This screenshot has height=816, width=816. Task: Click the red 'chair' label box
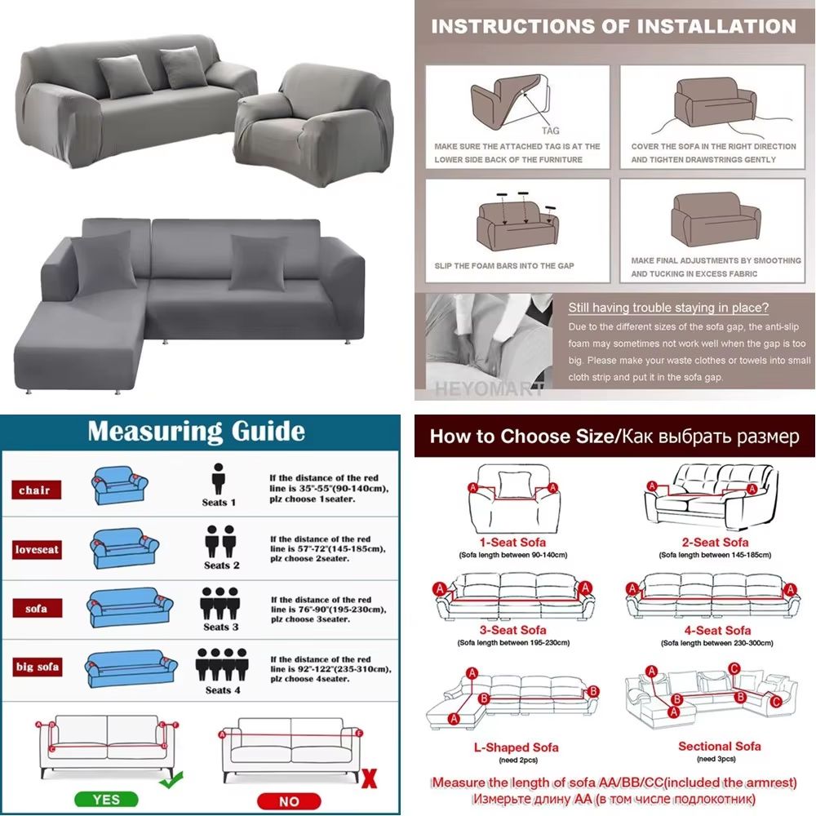coord(34,490)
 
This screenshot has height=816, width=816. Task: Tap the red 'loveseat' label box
coord(38,549)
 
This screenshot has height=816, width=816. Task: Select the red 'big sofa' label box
coord(38,667)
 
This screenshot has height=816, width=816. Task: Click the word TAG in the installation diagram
coord(551,131)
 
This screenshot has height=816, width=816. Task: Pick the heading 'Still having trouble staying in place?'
coord(667,308)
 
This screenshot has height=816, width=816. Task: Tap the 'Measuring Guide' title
coord(196,431)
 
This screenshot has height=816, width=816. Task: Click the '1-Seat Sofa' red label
coord(512,542)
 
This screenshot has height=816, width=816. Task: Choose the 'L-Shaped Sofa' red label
coord(516,747)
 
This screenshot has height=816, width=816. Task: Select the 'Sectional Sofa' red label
coord(719,746)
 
